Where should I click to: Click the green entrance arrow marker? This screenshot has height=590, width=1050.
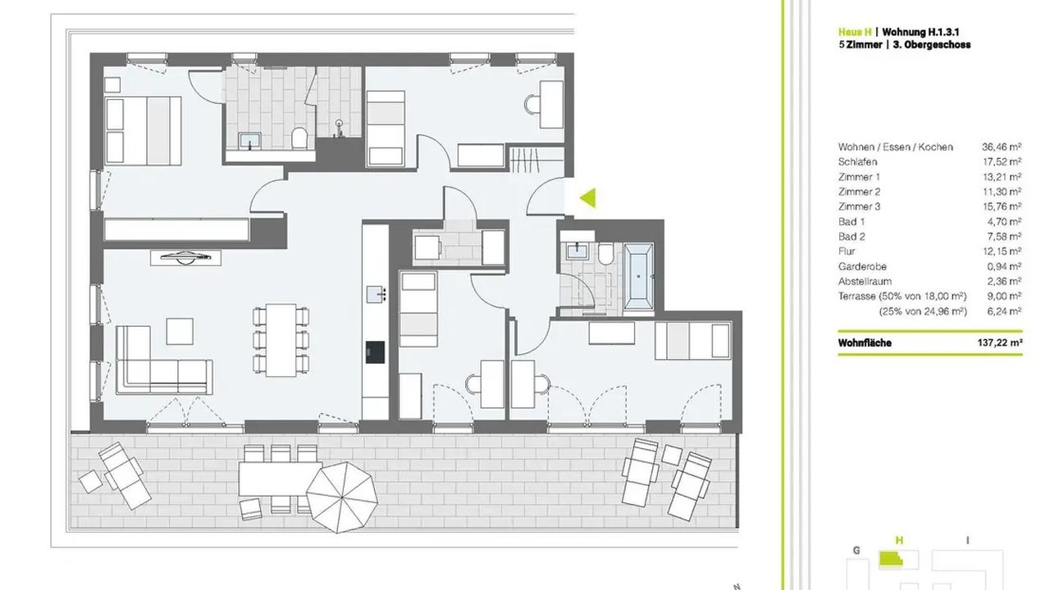point(589,198)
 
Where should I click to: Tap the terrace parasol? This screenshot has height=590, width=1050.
point(342,497)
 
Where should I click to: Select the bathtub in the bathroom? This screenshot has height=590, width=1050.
point(638,276)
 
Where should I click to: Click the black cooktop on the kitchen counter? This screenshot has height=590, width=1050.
point(375,352)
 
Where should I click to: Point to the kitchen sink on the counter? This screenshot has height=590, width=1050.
point(376,294)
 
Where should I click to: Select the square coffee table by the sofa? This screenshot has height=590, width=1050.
point(180,332)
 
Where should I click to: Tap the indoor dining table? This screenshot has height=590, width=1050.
point(281,340)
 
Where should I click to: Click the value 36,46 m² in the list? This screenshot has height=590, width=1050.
point(1002,147)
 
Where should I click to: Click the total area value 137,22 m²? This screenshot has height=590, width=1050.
point(1000,343)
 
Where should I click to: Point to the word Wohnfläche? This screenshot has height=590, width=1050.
point(865,343)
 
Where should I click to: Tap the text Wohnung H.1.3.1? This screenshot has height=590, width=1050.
point(920,32)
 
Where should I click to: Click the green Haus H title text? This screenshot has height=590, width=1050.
point(855,32)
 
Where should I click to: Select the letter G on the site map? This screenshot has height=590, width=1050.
point(856,551)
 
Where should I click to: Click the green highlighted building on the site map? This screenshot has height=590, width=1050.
point(891,559)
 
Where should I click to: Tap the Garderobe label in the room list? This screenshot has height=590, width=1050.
point(862,266)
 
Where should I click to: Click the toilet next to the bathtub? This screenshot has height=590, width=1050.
point(606,253)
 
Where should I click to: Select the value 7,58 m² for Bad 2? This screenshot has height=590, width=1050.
point(1004,237)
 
